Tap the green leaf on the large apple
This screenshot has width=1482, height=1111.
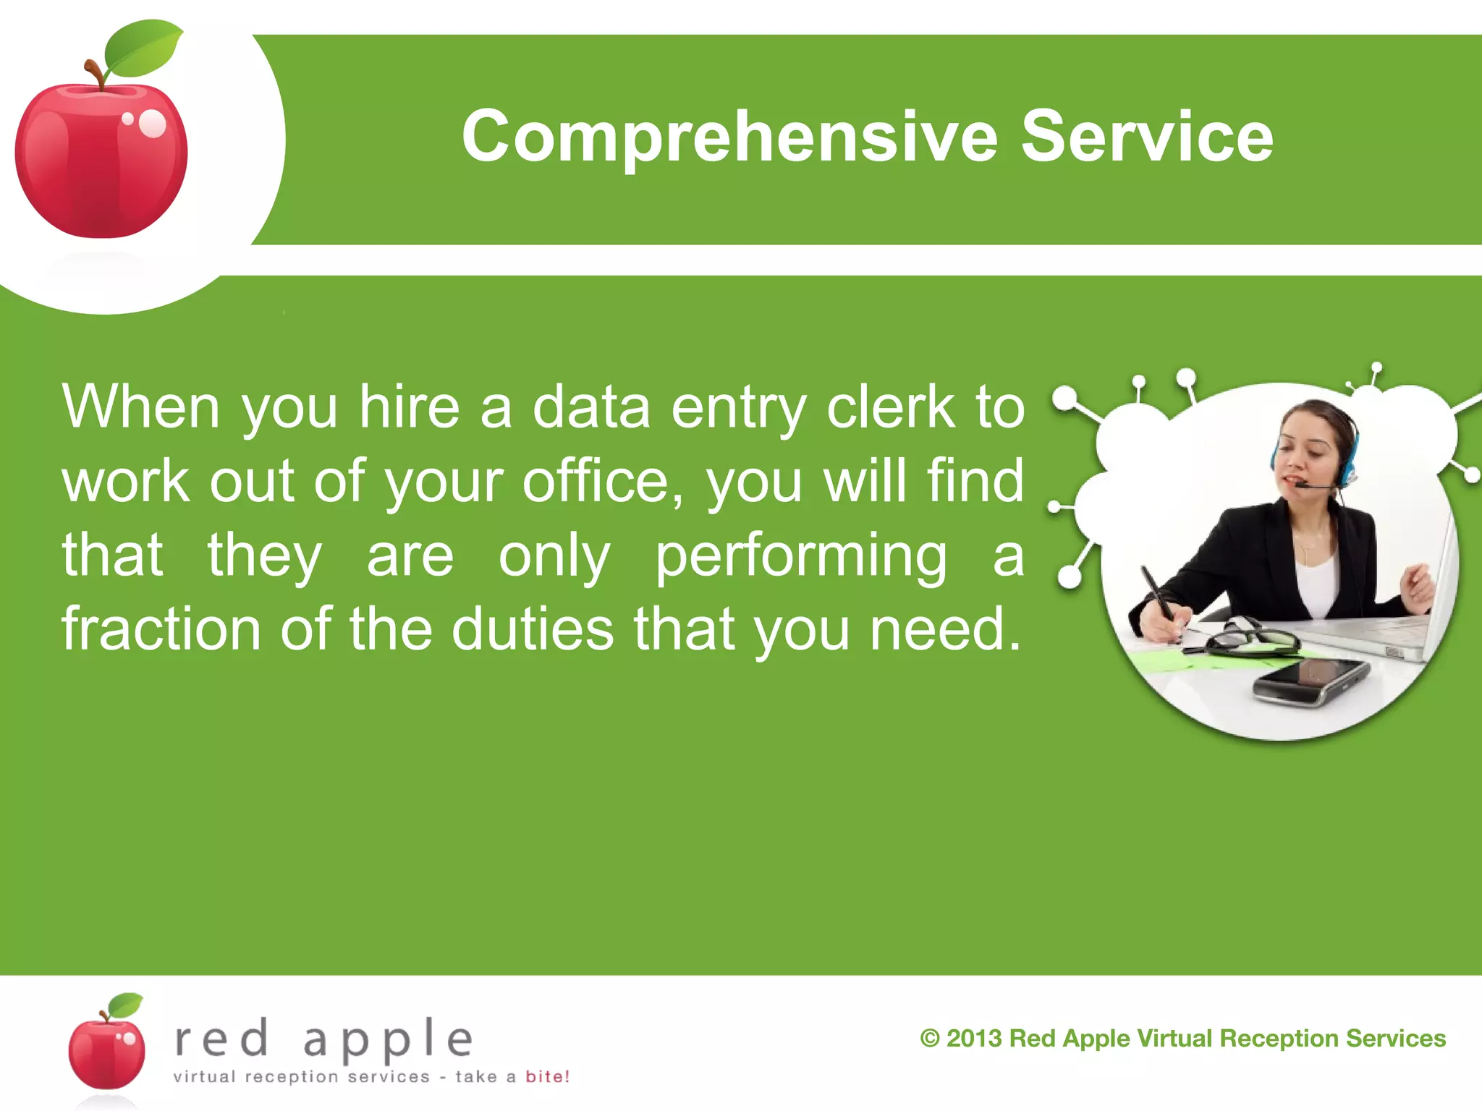pos(143,49)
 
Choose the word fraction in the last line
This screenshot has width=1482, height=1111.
pos(161,629)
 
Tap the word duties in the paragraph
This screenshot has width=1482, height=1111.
pos(533,629)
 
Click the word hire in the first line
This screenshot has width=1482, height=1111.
pos(410,406)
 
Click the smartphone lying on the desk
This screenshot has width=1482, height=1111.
pos(1310,681)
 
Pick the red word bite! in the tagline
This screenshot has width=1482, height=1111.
pos(547,1076)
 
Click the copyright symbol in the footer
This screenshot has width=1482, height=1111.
pos(929,1039)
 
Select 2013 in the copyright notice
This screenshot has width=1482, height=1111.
pos(974,1039)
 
